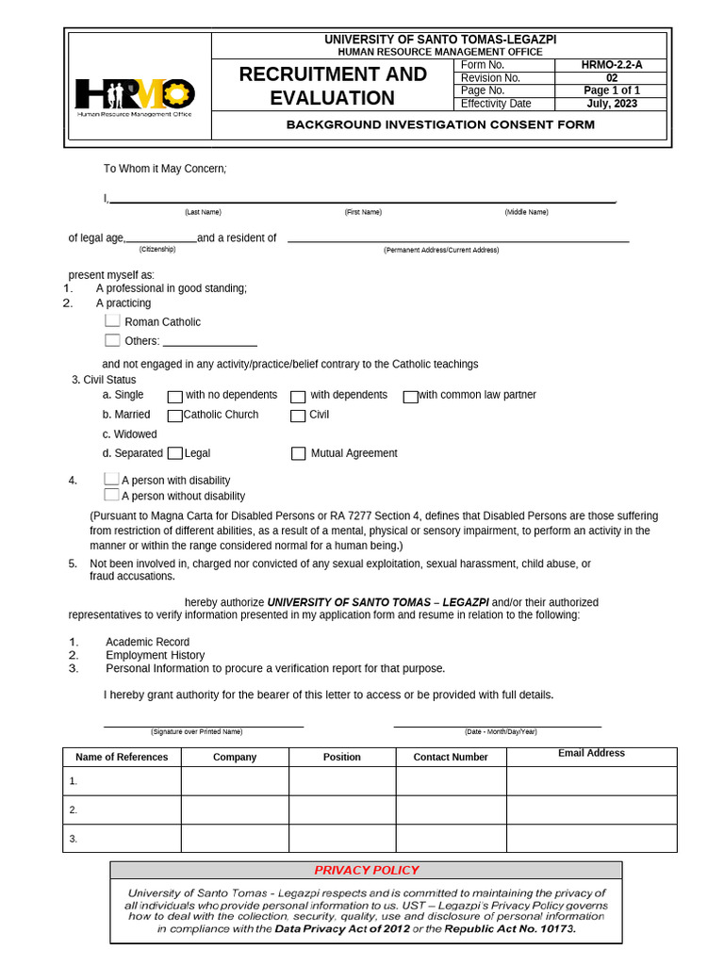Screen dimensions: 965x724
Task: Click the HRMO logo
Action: [136, 95]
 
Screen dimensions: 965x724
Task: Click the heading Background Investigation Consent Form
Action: [440, 124]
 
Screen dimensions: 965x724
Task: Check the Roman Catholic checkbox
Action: [113, 321]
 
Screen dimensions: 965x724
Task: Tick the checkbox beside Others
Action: [113, 340]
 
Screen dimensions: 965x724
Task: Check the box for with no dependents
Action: [174, 397]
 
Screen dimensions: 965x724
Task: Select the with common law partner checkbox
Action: [410, 397]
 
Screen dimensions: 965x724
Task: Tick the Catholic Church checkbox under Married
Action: [174, 416]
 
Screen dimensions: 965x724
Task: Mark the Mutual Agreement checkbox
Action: [298, 453]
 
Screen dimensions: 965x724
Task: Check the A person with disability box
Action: [111, 480]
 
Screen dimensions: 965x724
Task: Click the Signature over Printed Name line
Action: [203, 725]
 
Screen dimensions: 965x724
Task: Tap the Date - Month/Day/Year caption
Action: [500, 732]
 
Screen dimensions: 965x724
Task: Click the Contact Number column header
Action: [451, 757]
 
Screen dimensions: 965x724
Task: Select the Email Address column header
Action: [591, 754]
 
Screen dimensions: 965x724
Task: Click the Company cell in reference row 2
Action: [235, 810]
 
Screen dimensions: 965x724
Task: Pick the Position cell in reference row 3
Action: [342, 838]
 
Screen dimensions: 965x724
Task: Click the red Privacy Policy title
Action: [366, 870]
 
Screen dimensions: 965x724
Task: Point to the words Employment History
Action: [155, 655]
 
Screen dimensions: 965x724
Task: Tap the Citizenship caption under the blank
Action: [157, 250]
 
